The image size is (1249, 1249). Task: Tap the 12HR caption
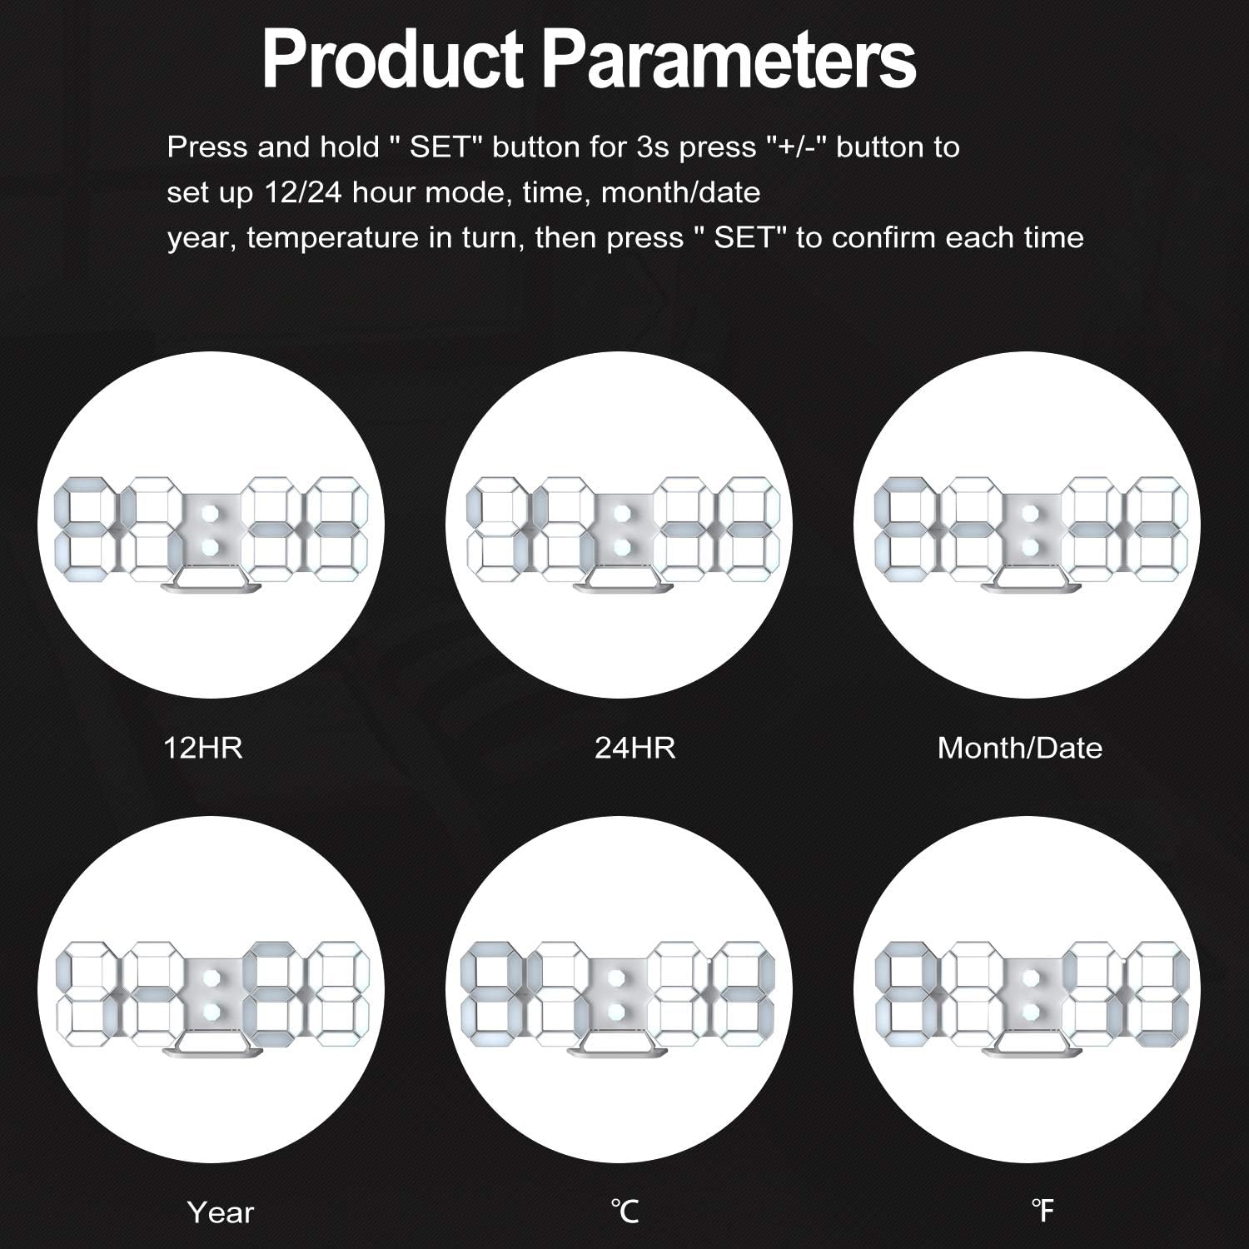coord(203,748)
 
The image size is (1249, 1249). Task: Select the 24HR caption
coord(635,748)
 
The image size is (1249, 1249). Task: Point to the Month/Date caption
coord(1020,748)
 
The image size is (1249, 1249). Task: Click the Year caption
coord(221,1212)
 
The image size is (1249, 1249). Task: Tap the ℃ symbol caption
coord(624,1212)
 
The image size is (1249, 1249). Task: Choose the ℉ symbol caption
coord(1042,1212)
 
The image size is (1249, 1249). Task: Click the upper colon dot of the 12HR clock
coord(209,512)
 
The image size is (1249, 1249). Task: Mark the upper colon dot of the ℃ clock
coord(616,978)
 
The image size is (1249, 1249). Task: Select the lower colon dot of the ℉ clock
coord(1031,1011)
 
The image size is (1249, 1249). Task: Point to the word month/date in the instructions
coord(680,192)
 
